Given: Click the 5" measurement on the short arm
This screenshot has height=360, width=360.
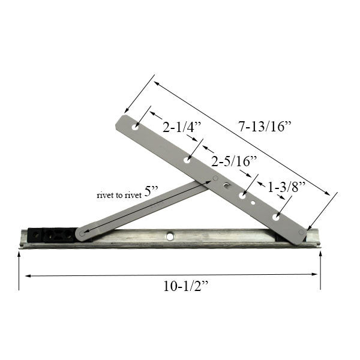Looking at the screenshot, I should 151,191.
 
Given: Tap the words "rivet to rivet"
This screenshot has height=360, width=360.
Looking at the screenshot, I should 119,195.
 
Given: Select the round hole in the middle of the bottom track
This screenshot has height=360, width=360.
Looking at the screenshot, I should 170,236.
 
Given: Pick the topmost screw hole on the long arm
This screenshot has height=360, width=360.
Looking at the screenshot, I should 136,127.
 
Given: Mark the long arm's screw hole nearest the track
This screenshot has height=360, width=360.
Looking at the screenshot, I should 276,217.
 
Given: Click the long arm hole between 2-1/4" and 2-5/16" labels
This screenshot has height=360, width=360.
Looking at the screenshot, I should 187,160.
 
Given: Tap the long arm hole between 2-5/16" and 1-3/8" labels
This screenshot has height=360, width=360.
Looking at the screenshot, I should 242,196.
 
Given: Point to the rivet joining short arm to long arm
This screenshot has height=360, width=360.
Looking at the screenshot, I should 215,179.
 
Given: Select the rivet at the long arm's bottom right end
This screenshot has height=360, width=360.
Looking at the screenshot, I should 301,232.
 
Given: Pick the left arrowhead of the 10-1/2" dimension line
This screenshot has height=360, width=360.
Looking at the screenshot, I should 28,276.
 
